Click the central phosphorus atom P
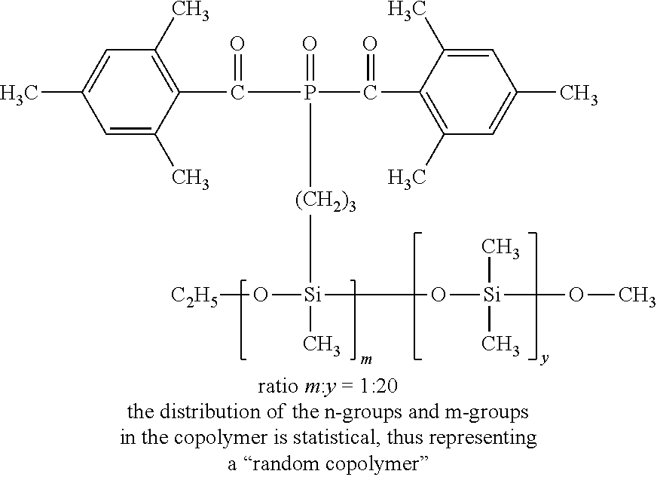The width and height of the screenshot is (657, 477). point(309,94)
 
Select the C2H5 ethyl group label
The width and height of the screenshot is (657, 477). point(194,295)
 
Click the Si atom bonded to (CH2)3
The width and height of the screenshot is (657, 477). point(313,295)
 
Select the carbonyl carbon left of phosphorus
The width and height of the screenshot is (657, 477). point(238,94)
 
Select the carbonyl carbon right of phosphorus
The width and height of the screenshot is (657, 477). point(368,94)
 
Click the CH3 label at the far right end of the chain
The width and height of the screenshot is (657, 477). point(635,295)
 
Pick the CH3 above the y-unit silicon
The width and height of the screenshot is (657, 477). point(500,248)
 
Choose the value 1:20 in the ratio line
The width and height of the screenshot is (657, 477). point(382,387)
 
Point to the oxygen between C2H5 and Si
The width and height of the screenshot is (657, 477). point(260,295)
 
